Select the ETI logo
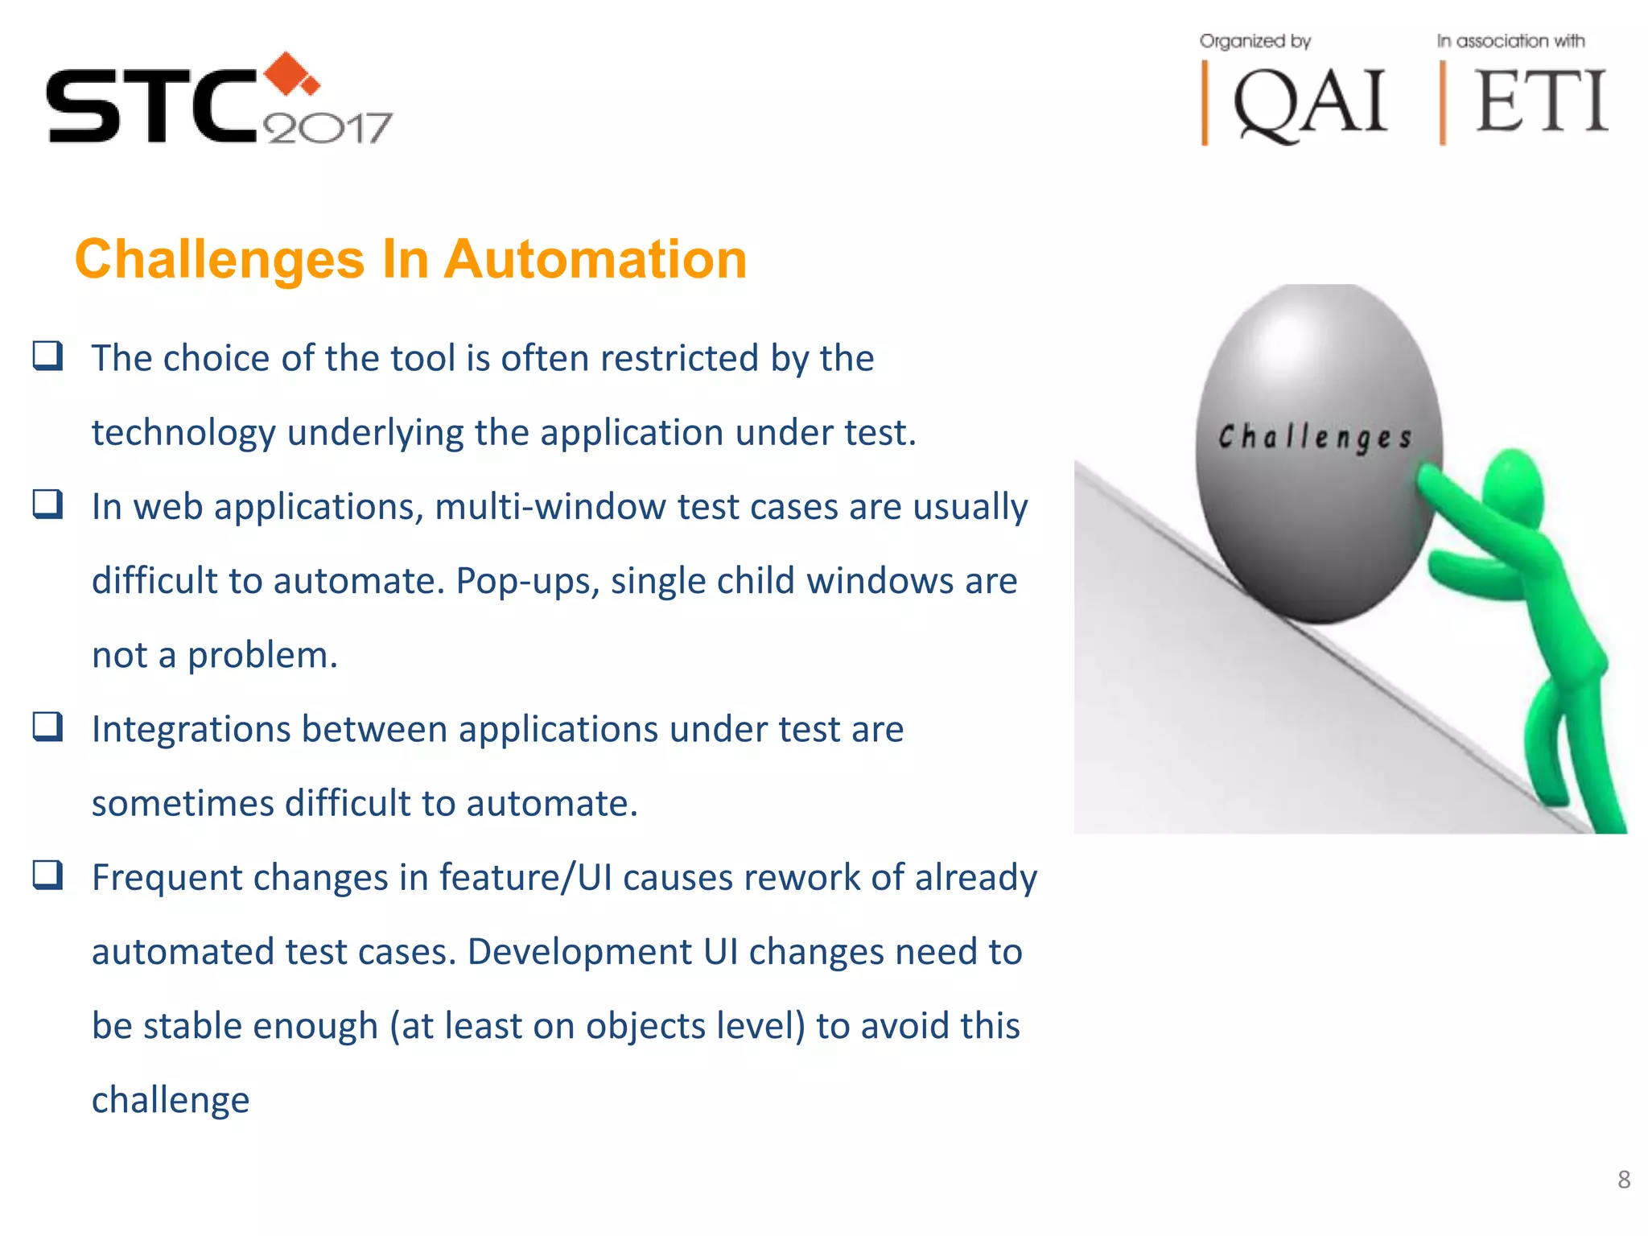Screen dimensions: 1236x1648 [x=1539, y=103]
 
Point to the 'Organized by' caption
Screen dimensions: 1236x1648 [x=1255, y=41]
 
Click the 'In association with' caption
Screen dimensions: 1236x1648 [x=1510, y=41]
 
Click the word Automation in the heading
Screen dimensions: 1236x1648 [x=595, y=260]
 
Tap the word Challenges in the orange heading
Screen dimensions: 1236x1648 [x=220, y=260]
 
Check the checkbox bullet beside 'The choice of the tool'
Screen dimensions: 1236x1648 [x=47, y=356]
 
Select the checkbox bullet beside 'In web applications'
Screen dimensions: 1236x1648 [x=47, y=505]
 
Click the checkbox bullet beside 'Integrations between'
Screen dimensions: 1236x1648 [x=47, y=727]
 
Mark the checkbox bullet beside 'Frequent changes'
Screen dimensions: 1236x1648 [x=47, y=875]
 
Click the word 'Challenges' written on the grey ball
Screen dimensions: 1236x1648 [x=1315, y=437]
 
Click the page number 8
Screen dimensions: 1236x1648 [x=1624, y=1180]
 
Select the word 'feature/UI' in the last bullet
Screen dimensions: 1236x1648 [x=525, y=877]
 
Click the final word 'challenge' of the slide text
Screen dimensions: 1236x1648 [x=171, y=1100]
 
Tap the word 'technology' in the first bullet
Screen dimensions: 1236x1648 [x=183, y=433]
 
